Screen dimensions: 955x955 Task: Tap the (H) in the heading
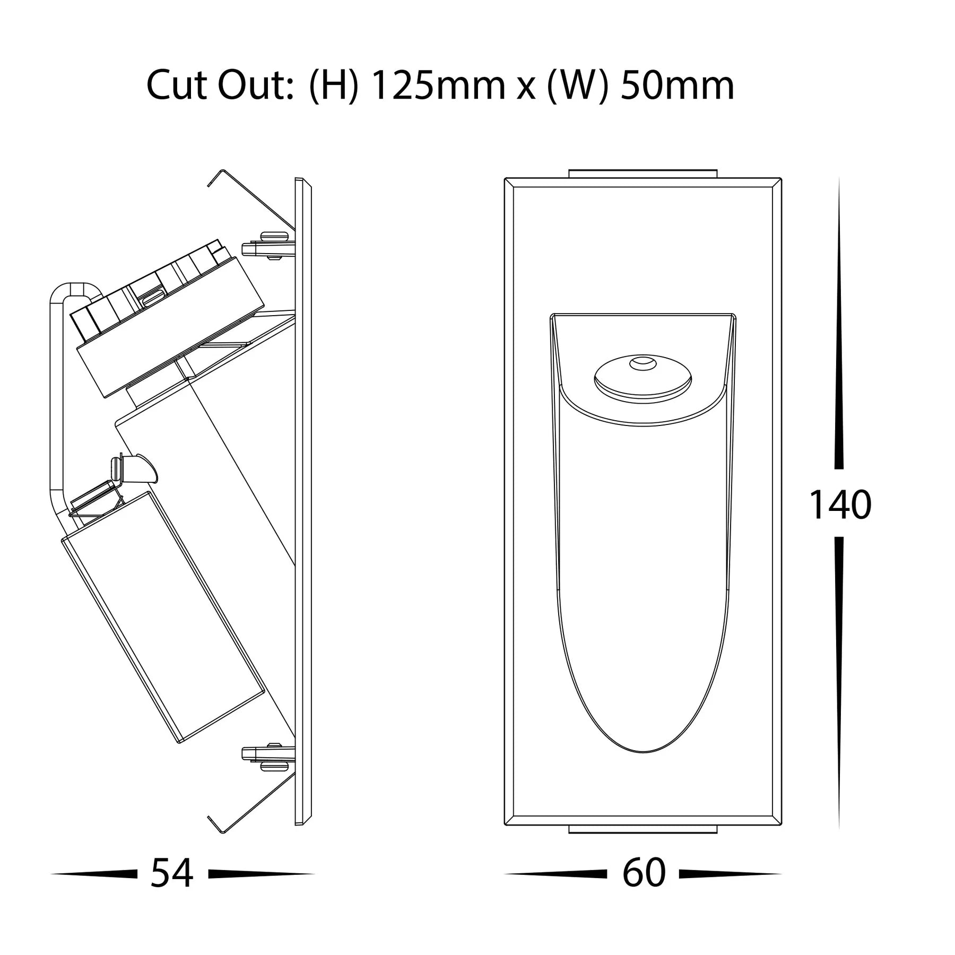[x=332, y=86]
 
